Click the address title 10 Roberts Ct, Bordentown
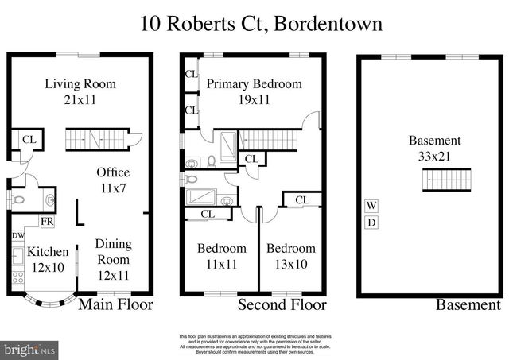point(262,23)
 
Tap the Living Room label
point(80,91)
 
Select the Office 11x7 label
point(112,180)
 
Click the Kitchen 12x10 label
point(48,259)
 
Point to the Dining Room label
point(113,259)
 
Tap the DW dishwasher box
point(17,236)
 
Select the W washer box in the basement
point(371,205)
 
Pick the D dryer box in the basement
point(371,222)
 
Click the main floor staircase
point(95,140)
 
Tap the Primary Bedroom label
point(254,91)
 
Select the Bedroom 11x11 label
point(222,256)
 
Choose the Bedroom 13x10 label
point(290,256)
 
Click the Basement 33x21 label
point(434,149)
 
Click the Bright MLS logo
point(30,349)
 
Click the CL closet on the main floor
point(29,140)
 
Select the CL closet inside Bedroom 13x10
point(302,199)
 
